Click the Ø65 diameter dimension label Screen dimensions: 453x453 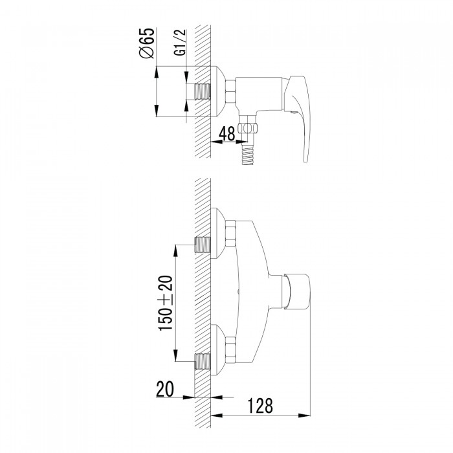(x=147, y=43)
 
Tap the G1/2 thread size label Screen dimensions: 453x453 (x=181, y=43)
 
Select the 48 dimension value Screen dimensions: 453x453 (x=227, y=134)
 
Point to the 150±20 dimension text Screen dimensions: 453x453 (x=166, y=303)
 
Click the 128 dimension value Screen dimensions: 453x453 (x=260, y=406)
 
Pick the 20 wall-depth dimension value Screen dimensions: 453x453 (x=165, y=389)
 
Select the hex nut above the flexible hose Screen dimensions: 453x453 (x=248, y=127)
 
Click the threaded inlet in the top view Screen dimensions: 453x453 (x=202, y=92)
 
